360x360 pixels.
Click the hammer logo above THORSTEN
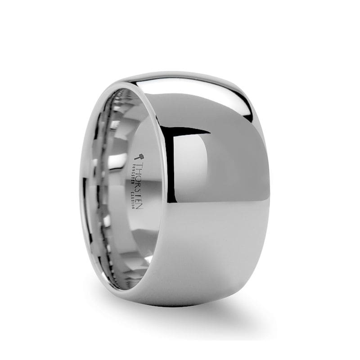coord(139,157)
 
